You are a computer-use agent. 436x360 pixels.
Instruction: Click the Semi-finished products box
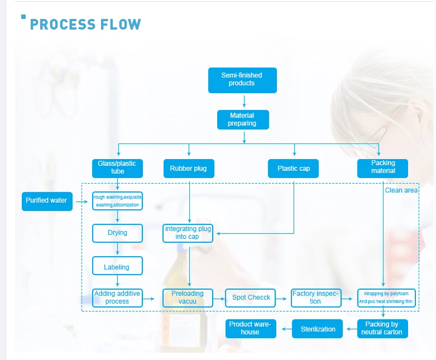pos(242,80)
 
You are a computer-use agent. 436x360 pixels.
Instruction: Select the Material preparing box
pos(242,120)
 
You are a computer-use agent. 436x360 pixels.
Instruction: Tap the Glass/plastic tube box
pos(117,167)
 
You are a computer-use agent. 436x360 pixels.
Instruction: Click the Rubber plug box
pos(189,168)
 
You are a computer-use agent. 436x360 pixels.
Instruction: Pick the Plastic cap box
pos(294,168)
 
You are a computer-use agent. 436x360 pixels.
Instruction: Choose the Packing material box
pos(383,167)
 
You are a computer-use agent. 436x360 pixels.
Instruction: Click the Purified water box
pos(47,201)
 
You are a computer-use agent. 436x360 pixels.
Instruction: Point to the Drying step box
pos(117,233)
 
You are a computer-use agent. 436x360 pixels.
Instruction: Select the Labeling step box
pos(117,267)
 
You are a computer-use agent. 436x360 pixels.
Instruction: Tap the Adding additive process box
pos(117,297)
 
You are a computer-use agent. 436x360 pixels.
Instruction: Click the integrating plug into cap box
pos(189,233)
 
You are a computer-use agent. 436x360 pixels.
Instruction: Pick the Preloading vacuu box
pos(188,297)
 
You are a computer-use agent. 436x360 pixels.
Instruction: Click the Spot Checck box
pos(251,297)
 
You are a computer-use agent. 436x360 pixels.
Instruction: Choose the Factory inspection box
pos(315,297)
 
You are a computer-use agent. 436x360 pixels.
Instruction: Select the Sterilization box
pos(318,329)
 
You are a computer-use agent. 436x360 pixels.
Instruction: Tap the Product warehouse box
pos(250,329)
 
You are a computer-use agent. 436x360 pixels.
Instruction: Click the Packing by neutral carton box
pos(382,329)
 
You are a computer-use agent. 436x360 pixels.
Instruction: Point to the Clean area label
pos(401,190)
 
